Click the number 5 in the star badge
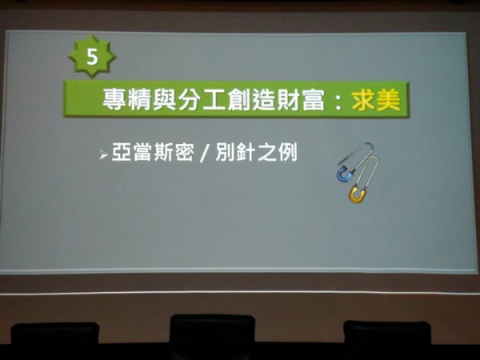click(x=92, y=57)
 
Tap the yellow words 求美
click(x=376, y=100)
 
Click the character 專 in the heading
click(x=114, y=99)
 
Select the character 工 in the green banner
click(x=214, y=100)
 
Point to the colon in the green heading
click(x=338, y=102)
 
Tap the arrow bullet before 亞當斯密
click(x=103, y=154)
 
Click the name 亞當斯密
click(x=153, y=152)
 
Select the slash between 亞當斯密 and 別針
click(x=205, y=153)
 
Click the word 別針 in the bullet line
click(x=235, y=152)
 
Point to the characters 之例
click(x=278, y=152)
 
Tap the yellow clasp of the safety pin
click(x=357, y=194)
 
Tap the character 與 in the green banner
click(x=164, y=99)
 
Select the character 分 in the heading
click(x=189, y=99)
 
